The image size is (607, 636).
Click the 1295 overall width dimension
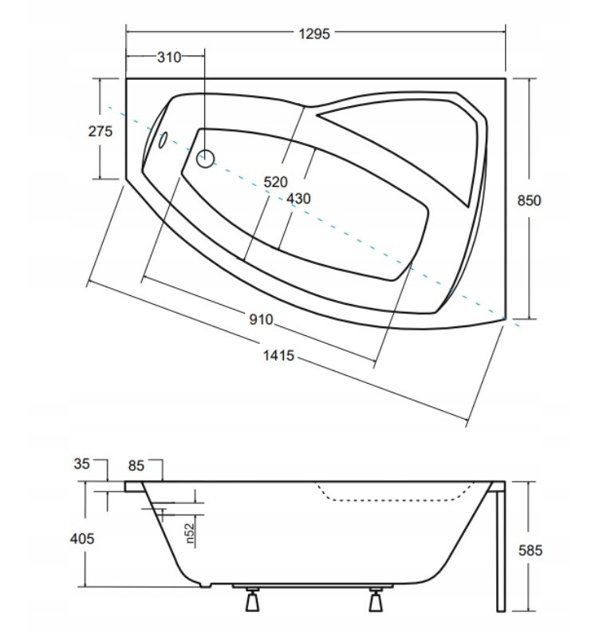[x=314, y=34]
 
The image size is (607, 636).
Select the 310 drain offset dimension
[x=169, y=57]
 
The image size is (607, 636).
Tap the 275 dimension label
[x=101, y=131]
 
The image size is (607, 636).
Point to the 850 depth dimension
[x=529, y=200]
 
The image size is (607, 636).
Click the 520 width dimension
[x=275, y=182]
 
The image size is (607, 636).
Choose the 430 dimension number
[x=298, y=199]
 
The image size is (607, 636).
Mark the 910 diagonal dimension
[x=261, y=320]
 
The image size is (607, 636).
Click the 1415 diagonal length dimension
[x=278, y=356]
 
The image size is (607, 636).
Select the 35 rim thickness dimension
[x=81, y=464]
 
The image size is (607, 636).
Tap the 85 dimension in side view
[x=136, y=466]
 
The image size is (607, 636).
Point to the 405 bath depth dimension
[x=82, y=539]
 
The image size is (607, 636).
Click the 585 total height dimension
[x=530, y=551]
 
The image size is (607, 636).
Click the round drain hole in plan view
[x=205, y=159]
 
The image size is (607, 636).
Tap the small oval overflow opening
[x=163, y=140]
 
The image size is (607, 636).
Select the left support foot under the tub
[x=253, y=598]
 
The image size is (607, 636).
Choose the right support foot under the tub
[x=376, y=598]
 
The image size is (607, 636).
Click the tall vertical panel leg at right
[x=501, y=547]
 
